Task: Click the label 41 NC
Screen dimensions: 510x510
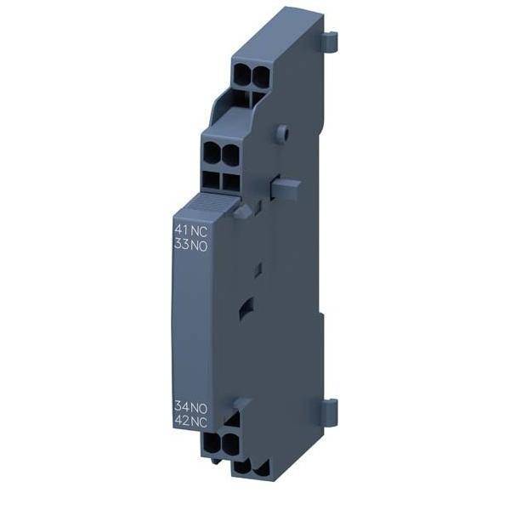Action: (x=191, y=229)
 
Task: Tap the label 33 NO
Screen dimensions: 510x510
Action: (x=191, y=244)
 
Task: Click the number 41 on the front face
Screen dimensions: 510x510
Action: (x=181, y=229)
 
